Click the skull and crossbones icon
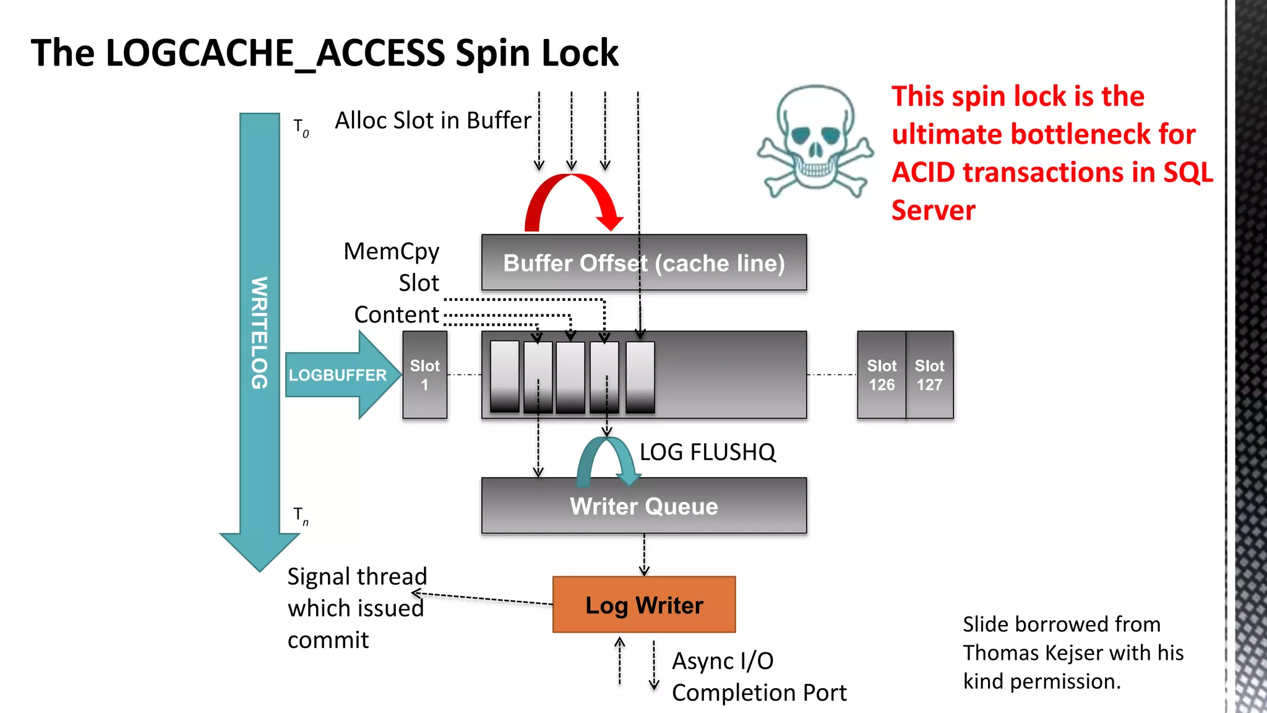815,141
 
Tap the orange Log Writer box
643,605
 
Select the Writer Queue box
643,506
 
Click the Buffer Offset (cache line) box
643,263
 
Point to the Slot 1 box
424,375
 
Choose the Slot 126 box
881,375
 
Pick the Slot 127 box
929,375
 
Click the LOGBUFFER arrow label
337,375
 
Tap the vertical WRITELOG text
259,333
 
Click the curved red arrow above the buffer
572,192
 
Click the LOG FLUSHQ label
707,452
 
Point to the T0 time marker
301,127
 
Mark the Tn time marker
301,516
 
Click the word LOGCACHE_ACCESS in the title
275,53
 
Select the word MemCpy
391,251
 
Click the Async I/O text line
723,661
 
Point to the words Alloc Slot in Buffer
432,120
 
